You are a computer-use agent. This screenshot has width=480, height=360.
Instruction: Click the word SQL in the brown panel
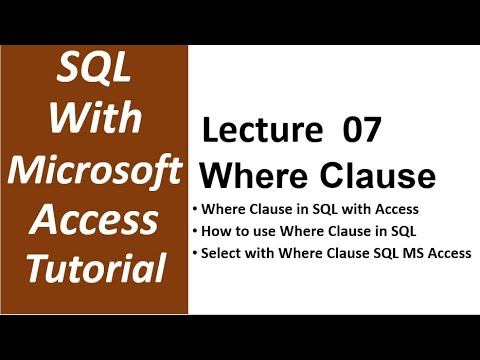coord(93,74)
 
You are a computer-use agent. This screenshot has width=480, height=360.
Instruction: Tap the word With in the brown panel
coord(93,120)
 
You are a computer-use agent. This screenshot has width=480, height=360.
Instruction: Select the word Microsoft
coord(93,168)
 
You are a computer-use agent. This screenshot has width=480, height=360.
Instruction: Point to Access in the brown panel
coord(93,217)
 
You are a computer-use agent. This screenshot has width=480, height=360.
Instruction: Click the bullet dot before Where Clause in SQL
coord(194,210)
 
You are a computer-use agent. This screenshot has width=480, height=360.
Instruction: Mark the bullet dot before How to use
coord(194,232)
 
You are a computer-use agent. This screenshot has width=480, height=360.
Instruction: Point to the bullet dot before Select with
coord(194,254)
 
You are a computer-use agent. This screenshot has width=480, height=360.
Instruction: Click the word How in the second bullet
coord(215,232)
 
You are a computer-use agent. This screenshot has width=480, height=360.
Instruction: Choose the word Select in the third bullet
coord(221,254)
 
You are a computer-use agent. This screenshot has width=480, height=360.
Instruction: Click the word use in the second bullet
coord(259,232)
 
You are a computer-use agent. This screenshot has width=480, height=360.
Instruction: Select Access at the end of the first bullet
coord(394,210)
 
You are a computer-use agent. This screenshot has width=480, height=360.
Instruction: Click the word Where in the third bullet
coord(294,254)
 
